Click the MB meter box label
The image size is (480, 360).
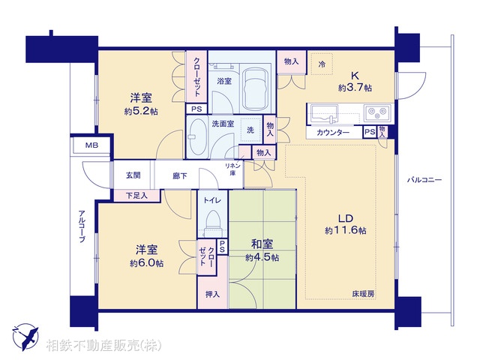tap(90, 145)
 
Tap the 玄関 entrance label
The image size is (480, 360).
tap(133, 175)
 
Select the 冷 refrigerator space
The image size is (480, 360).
tap(322, 65)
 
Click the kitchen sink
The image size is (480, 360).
tap(325, 114)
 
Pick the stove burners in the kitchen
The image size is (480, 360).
tap(375, 114)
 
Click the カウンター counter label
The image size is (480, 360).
tap(334, 133)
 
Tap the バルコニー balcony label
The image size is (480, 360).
tap(424, 180)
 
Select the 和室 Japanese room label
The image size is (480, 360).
tap(261, 244)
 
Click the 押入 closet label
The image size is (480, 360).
tap(212, 294)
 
